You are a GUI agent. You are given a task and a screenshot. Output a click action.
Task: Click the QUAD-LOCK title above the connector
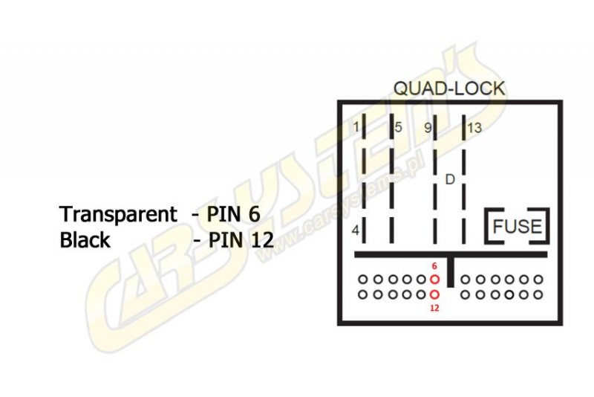tap(449, 88)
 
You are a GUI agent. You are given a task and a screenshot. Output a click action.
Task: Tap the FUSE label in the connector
tap(518, 226)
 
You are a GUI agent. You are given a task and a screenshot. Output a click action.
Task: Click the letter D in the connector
tap(449, 179)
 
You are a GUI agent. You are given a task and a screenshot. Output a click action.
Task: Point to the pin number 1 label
tap(356, 128)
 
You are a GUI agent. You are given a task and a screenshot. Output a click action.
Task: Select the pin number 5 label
tap(399, 128)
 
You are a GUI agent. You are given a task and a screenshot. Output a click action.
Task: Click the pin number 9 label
tap(428, 128)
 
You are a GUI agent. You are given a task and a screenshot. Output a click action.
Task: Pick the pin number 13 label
tap(474, 128)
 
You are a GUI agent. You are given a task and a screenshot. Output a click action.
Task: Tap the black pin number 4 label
tap(356, 231)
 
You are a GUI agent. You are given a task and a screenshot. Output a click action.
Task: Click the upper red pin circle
tap(435, 280)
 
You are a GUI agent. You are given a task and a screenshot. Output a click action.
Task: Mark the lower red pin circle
tap(435, 294)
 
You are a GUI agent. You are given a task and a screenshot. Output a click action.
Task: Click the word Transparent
tap(118, 215)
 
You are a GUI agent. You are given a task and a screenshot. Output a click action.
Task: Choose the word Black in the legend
tap(85, 240)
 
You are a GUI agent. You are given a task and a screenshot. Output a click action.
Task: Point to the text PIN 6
tap(233, 215)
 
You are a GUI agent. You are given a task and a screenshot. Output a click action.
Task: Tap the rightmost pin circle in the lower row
tap(538, 294)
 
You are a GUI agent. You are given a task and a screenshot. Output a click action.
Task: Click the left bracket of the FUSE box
tap(490, 226)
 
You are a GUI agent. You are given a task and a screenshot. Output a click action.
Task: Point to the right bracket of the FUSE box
tap(547, 226)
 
